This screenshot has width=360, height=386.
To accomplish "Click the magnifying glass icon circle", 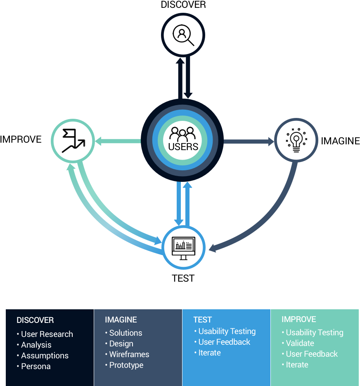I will (183, 35).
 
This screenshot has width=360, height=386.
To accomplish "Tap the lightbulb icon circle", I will (296, 140).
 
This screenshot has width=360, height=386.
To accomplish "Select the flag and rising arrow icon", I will (73, 140).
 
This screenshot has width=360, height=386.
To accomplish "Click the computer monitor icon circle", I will (183, 247).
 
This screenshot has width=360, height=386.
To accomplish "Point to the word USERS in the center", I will (183, 147).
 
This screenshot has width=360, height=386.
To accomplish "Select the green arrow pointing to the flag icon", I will (118, 141).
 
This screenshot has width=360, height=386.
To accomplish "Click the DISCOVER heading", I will (35, 320).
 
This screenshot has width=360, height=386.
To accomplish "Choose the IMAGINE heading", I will (121, 320).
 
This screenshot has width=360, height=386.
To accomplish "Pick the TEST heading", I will (202, 320).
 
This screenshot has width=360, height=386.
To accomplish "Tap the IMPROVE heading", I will (299, 319).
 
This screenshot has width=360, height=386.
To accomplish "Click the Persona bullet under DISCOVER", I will (36, 366).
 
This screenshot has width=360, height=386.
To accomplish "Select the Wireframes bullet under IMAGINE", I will (129, 354).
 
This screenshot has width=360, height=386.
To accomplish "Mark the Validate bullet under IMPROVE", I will (300, 343).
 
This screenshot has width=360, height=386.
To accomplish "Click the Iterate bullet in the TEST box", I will (209, 353).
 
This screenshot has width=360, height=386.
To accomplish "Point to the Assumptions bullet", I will (45, 355).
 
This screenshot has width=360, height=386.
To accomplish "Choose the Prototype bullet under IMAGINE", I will (126, 365).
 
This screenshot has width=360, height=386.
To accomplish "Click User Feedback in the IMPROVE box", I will (312, 354).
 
